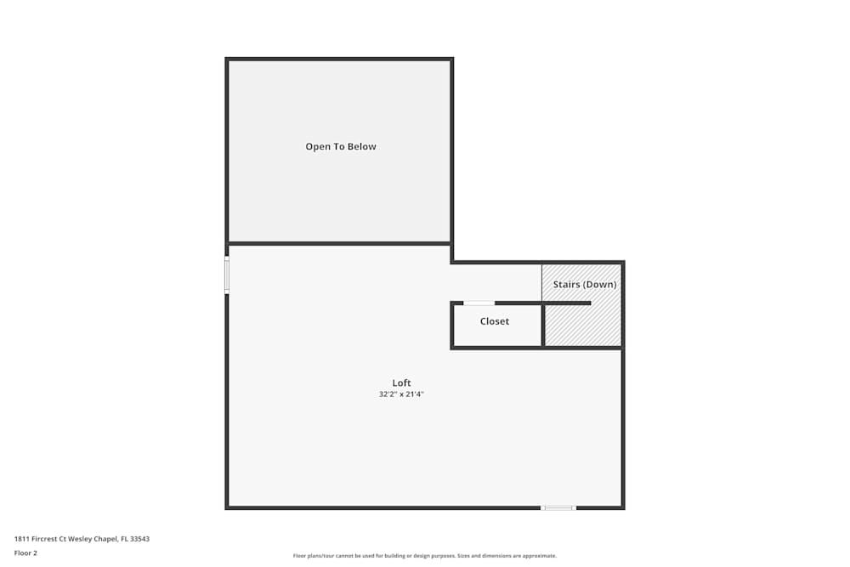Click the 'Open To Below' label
click(341, 146)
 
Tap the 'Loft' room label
click(401, 383)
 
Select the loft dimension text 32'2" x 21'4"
click(401, 394)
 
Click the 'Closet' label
click(495, 321)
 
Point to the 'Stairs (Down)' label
click(585, 284)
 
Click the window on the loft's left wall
click(227, 275)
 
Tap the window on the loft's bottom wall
click(558, 508)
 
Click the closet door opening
click(479, 303)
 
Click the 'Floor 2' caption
click(25, 553)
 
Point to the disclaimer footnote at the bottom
click(425, 556)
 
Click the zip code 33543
click(140, 539)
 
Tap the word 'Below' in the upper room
click(361, 146)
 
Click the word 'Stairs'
click(566, 284)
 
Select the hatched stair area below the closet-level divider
click(582, 326)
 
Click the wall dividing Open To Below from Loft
click(340, 244)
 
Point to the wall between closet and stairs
click(543, 325)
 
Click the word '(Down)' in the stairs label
click(600, 284)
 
